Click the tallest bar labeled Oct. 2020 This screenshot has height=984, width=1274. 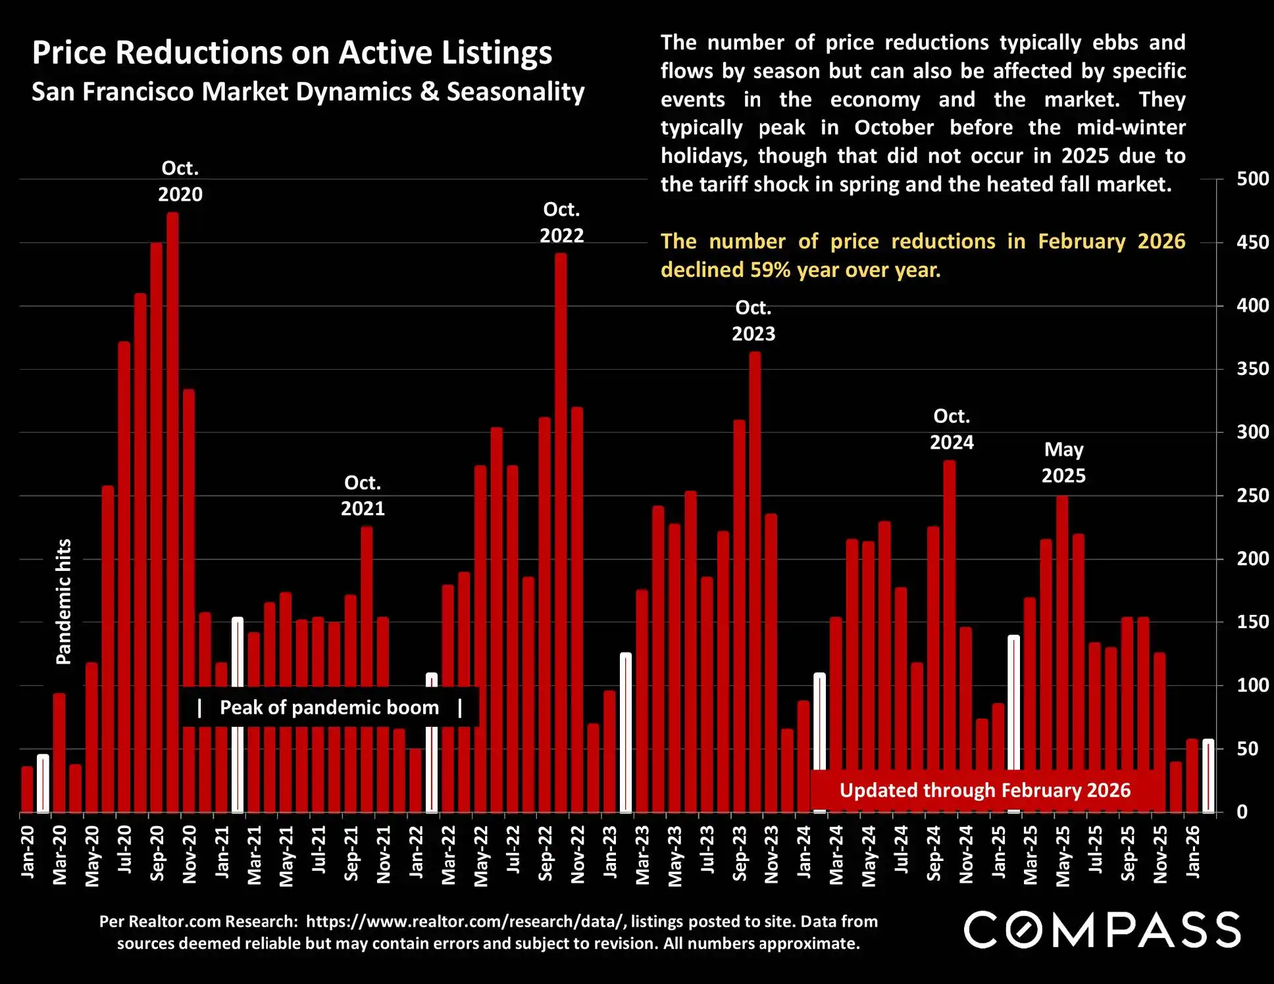172,513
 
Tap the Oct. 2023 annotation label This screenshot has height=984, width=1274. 753,321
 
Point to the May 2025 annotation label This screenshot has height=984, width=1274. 1063,462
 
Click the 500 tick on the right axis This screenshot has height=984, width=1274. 1252,179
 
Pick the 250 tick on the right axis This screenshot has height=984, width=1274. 1252,495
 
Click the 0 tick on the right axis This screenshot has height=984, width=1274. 1242,812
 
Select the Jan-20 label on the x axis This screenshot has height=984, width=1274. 28,852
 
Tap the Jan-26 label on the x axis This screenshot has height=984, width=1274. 1192,852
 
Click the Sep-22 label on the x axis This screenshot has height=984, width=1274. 546,853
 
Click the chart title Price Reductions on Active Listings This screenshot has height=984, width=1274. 292,53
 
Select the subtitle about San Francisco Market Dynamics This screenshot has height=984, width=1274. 308,91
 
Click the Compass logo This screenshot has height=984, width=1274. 1102,929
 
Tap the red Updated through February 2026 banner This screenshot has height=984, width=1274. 985,790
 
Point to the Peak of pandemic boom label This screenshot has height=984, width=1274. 329,707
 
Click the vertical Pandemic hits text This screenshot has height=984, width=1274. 63,602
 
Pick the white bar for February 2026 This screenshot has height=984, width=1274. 1208,776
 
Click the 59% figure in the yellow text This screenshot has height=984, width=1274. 771,270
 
